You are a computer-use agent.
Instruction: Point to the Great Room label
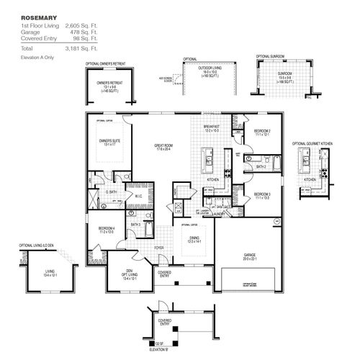163,146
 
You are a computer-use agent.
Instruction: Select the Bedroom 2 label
261,130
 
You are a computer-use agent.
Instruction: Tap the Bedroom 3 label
261,194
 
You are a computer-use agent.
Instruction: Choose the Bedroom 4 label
105,231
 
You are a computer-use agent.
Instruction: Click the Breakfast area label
211,127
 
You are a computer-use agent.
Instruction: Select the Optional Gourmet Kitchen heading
312,143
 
